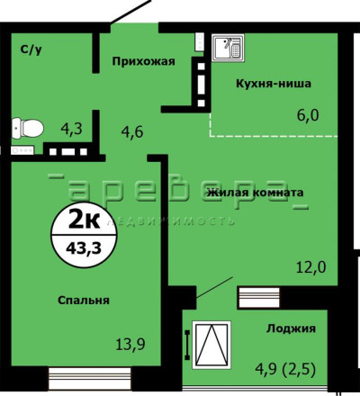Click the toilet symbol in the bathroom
(28, 128)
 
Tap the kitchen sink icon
(228, 48)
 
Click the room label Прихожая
(143, 61)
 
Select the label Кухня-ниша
(274, 84)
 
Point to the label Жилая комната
(256, 193)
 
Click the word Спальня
(84, 300)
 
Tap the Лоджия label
(291, 328)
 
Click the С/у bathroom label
(31, 49)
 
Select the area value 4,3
(71, 130)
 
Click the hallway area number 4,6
(132, 132)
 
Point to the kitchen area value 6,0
(308, 115)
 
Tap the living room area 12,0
(311, 267)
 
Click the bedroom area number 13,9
(130, 344)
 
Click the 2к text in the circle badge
(84, 222)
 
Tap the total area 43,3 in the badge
(84, 247)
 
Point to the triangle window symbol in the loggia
(211, 345)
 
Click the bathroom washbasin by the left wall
(22, 149)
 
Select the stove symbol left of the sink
(199, 42)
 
